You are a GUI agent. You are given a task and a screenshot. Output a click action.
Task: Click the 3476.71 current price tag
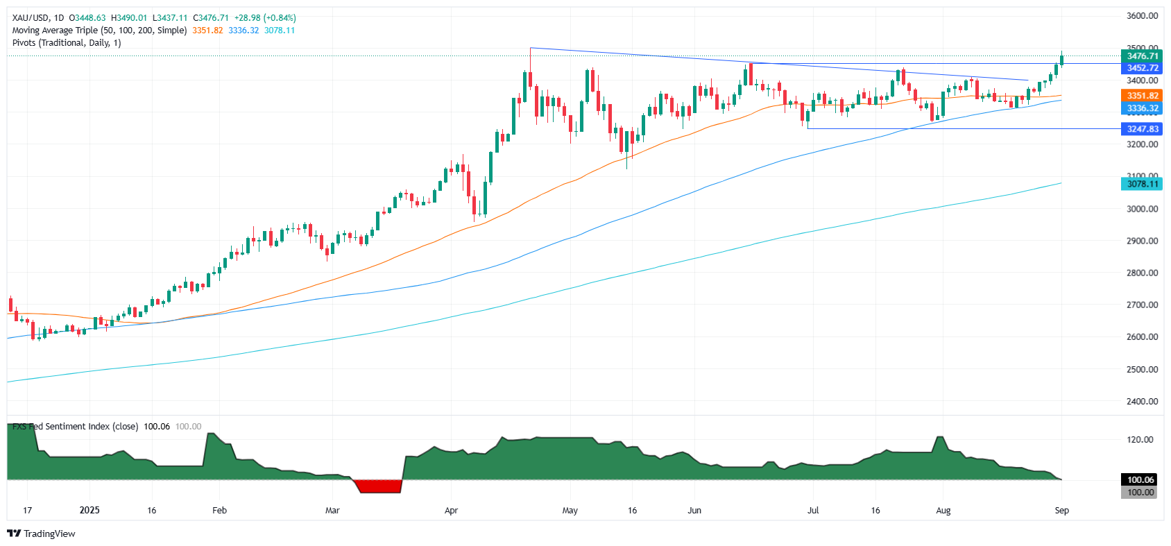coord(1142,56)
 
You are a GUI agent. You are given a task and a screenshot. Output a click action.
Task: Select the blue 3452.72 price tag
coord(1142,68)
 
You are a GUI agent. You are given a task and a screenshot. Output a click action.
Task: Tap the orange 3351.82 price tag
coord(1142,96)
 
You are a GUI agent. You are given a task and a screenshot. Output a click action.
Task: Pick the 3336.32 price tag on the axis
coord(1142,108)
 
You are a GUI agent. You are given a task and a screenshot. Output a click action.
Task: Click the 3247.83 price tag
coord(1142,129)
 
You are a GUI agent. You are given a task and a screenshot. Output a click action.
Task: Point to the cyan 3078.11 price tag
coord(1142,184)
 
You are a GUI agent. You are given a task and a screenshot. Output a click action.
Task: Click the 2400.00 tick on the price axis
coord(1142,401)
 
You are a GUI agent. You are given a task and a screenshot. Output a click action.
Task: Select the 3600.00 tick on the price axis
coord(1142,15)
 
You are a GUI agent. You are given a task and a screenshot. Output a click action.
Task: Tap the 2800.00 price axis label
coord(1142,273)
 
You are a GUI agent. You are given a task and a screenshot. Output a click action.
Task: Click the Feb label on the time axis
coord(219,510)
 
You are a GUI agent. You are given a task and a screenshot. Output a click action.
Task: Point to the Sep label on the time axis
coord(1061,510)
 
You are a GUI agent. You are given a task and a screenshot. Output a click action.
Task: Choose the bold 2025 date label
coord(89,510)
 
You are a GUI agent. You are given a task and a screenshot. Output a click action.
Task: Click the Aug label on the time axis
coord(943,510)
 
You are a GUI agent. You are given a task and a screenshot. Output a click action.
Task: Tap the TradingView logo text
coord(49,534)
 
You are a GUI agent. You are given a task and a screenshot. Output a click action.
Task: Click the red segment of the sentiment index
coord(379,486)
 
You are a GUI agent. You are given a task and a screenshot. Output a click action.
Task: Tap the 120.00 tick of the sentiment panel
coord(1140,439)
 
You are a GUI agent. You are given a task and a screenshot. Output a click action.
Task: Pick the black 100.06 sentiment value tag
coord(1140,479)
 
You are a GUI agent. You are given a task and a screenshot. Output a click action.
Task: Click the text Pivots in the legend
coord(24,42)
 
